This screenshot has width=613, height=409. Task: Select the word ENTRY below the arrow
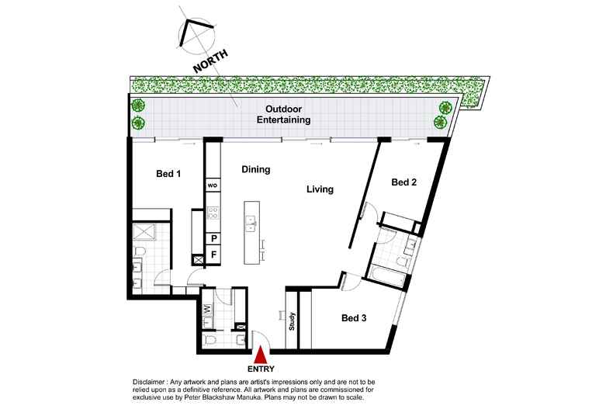pyautogui.click(x=261, y=368)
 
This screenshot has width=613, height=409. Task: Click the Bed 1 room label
pyautogui.click(x=168, y=175)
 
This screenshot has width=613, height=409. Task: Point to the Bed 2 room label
pyautogui.click(x=404, y=183)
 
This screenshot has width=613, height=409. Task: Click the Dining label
pyautogui.click(x=255, y=168)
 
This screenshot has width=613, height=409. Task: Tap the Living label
pyautogui.click(x=319, y=189)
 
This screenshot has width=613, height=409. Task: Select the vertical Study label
pyautogui.click(x=293, y=321)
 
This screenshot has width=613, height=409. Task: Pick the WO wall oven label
pyautogui.click(x=212, y=186)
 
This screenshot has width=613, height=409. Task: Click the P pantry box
pyautogui.click(x=213, y=238)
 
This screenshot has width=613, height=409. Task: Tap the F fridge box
pyautogui.click(x=213, y=254)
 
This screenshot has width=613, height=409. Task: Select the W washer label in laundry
pyautogui.click(x=208, y=308)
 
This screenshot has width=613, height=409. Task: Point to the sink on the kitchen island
pyautogui.click(x=251, y=225)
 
